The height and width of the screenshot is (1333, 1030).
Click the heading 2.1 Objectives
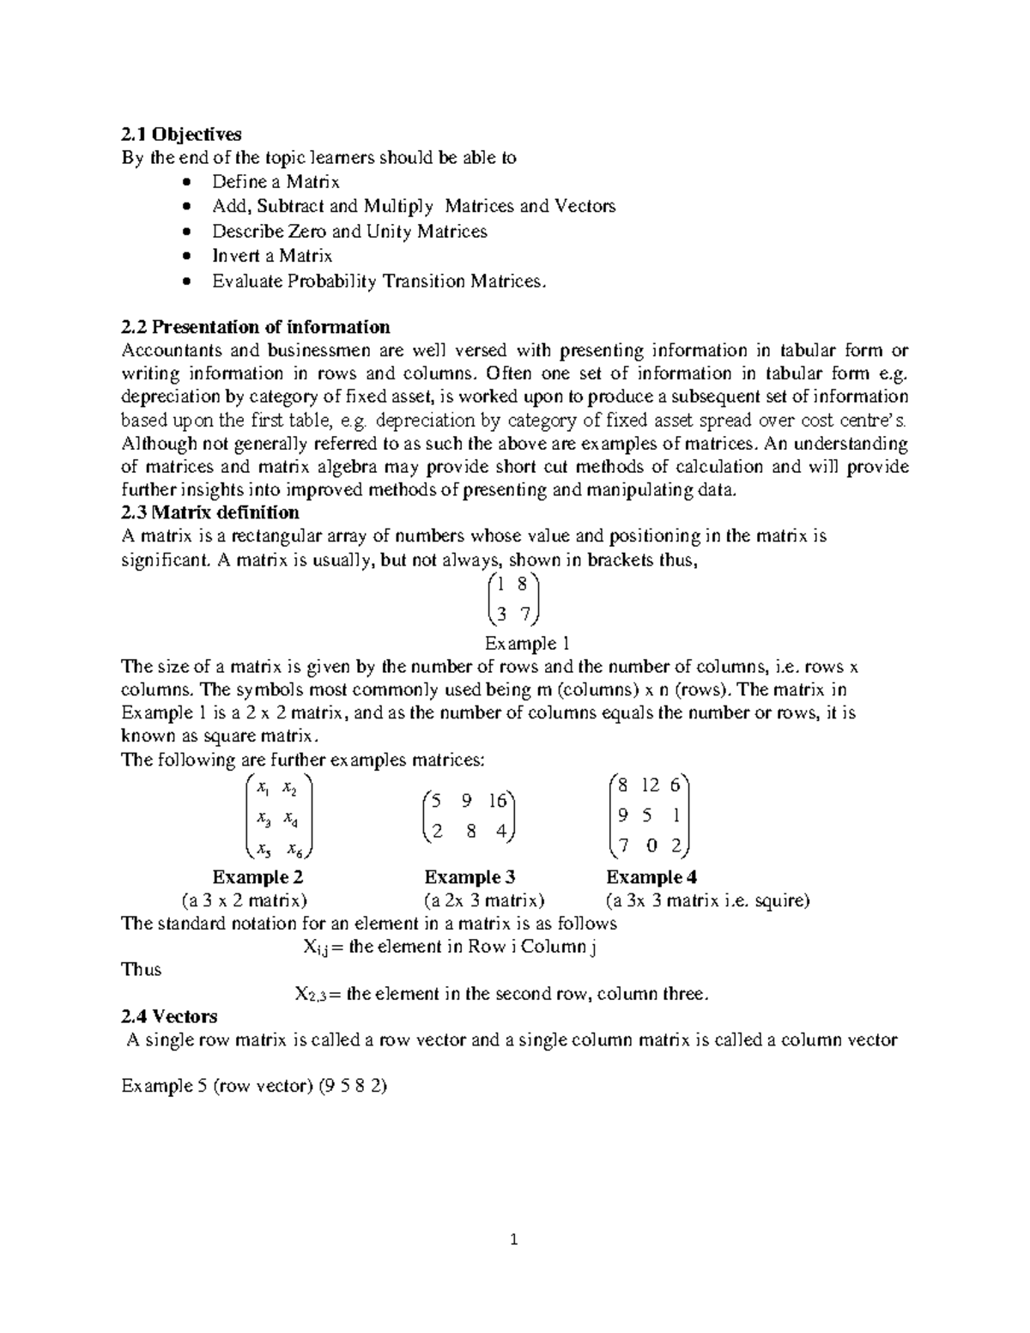pos(182,134)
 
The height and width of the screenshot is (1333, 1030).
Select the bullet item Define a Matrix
pos(276,182)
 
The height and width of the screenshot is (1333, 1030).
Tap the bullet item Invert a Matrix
pos(272,256)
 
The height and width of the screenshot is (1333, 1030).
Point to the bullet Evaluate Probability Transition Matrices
pos(379,281)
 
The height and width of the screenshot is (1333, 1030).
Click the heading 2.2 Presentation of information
pos(256,327)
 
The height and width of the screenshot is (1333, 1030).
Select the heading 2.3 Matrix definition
pos(210,512)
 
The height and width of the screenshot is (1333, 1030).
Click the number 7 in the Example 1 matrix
pos(524,614)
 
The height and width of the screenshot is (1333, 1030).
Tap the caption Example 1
pos(527,644)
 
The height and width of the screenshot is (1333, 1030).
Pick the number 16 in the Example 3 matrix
pos(499,801)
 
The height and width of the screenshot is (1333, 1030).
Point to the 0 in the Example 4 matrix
pos(652,846)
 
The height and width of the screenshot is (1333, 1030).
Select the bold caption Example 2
pos(257,877)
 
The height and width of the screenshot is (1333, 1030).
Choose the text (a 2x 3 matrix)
pos(484,900)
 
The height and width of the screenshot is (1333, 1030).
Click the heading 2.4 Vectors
pos(169,1016)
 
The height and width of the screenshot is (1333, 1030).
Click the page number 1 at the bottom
pos(514,1239)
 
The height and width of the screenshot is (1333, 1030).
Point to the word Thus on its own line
pos(142,970)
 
